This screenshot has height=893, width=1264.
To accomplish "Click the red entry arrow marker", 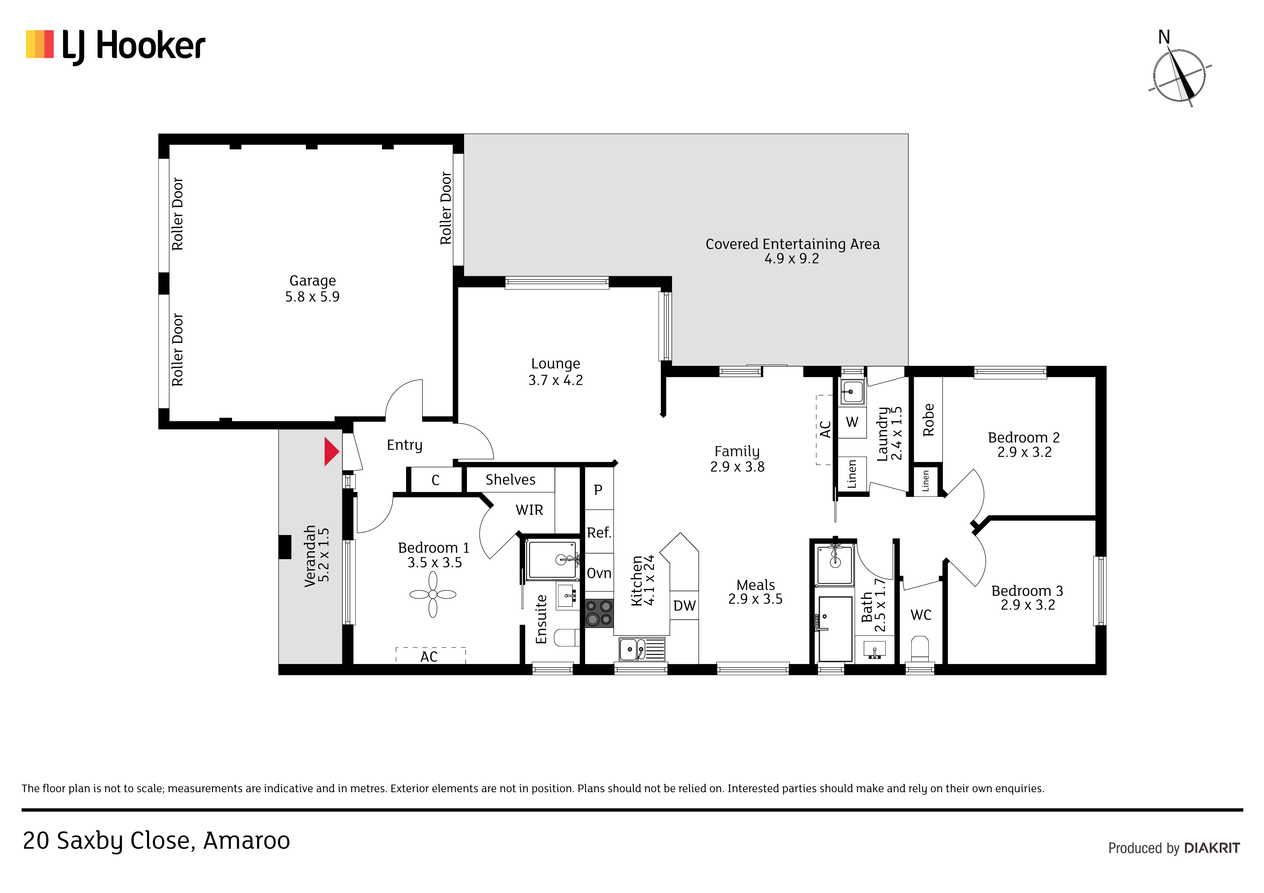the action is pos(331,452).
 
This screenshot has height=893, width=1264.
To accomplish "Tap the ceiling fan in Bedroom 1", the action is pos(433,594).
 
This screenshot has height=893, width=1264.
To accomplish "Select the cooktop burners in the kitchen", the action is pos(599,613).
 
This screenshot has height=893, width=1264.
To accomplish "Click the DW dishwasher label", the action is pos(684,606).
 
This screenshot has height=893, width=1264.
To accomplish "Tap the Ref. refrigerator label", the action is pos(599,533).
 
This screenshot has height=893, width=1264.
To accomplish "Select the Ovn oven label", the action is pos(599,573).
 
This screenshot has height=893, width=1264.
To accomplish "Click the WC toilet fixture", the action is pos(920,649).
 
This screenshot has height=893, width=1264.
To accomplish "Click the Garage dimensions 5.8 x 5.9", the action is pos(312,297).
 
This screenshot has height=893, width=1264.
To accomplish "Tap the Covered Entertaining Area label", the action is pos(793,244).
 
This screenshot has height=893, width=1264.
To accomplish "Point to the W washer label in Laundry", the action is pos(852,422).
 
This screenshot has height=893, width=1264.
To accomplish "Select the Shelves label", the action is pos(510,480).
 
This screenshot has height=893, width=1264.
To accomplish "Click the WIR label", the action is pos(529,510).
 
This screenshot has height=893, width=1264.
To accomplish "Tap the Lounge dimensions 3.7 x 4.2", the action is pos(556,380).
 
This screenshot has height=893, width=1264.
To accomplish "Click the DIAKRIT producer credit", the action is pos(1212,848).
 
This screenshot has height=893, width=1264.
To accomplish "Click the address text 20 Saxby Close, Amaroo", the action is pos(156,841).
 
